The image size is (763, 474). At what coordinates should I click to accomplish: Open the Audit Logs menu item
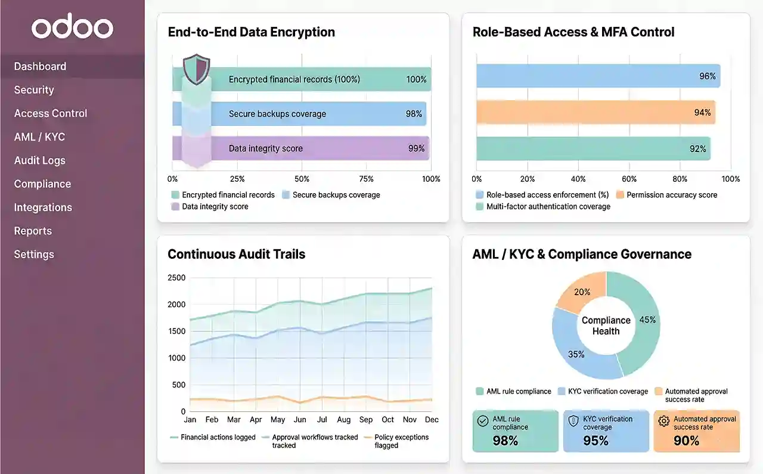click(x=40, y=160)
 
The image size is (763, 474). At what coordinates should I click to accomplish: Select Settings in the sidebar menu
click(x=34, y=255)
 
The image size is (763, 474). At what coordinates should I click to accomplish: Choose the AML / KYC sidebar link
click(x=39, y=137)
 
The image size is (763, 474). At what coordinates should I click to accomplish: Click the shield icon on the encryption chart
click(x=196, y=69)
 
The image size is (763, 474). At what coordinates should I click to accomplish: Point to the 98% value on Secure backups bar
click(x=414, y=114)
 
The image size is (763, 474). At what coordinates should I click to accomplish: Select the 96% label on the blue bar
click(x=707, y=76)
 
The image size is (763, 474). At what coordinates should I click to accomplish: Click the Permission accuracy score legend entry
click(x=671, y=195)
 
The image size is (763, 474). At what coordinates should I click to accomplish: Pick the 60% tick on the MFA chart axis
click(x=629, y=179)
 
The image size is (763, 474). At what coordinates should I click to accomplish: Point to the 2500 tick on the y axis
click(x=176, y=278)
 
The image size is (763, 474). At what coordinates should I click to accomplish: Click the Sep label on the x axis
click(x=366, y=420)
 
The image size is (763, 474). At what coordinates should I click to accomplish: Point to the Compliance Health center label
click(x=606, y=326)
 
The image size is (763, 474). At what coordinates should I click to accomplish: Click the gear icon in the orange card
click(x=663, y=422)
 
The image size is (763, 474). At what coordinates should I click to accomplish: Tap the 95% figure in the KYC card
click(x=595, y=441)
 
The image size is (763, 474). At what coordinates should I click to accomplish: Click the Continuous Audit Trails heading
click(x=237, y=255)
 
